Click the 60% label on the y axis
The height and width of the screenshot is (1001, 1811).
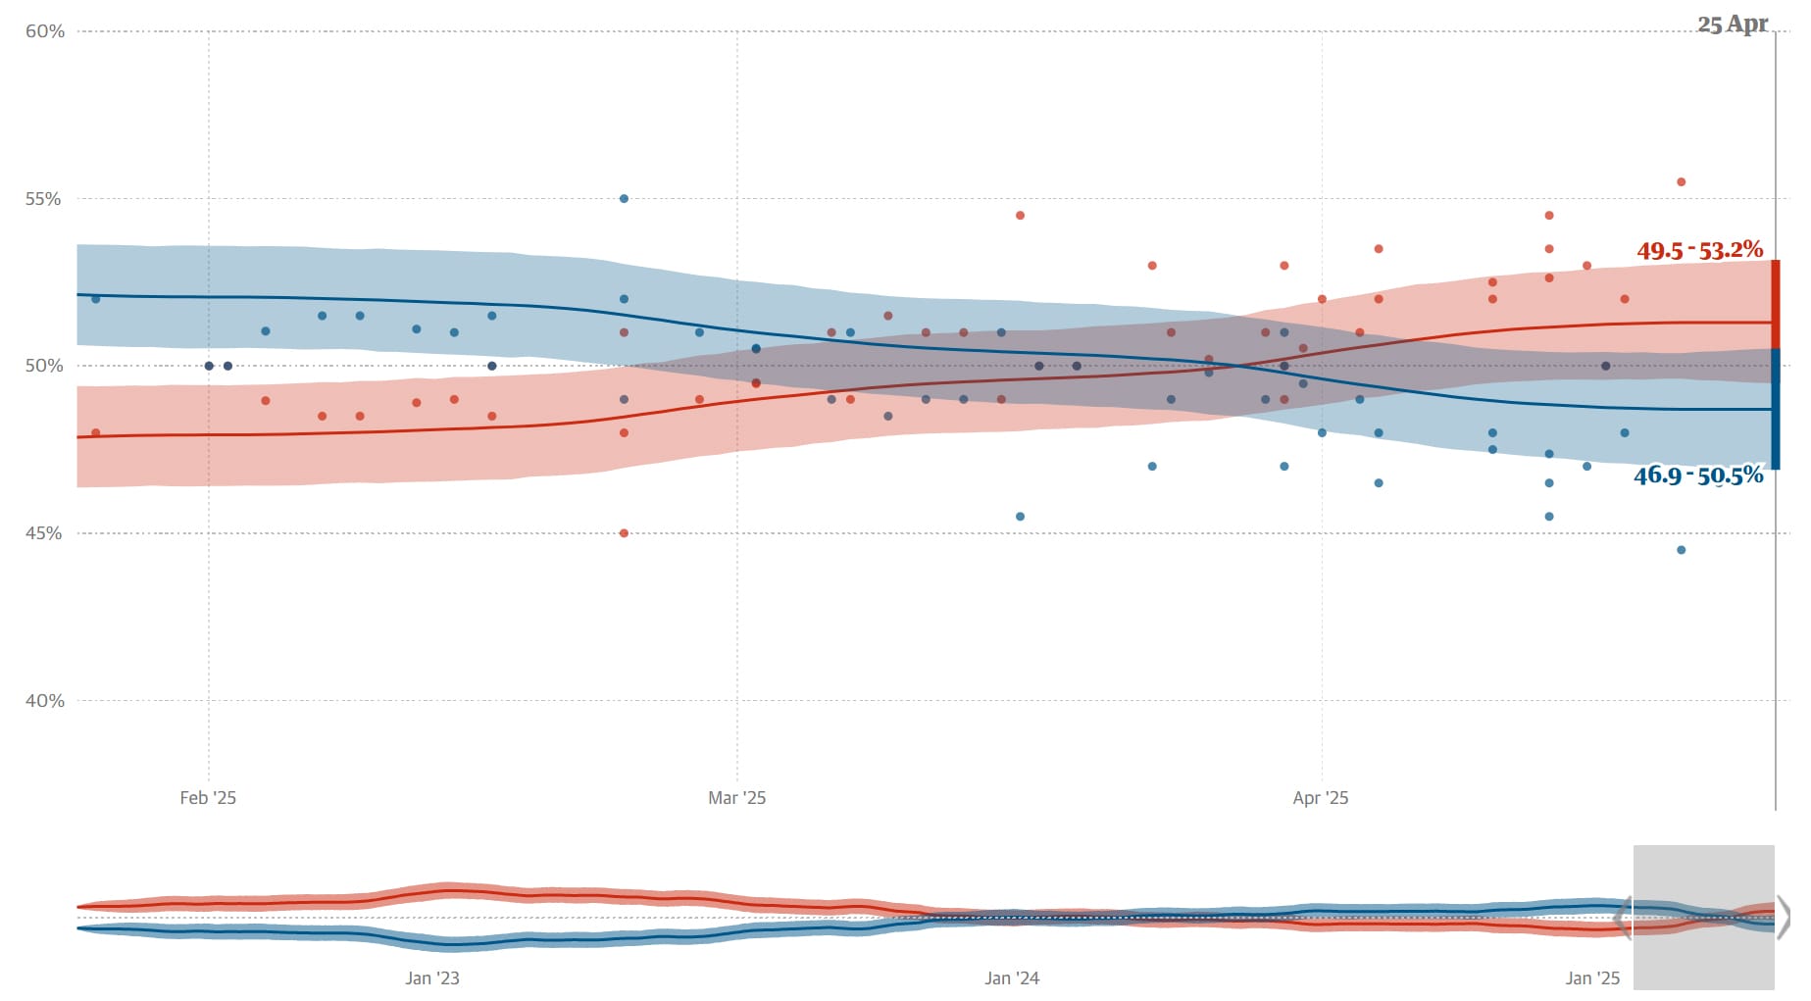click(x=44, y=31)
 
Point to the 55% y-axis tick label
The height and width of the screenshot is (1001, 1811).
click(x=44, y=199)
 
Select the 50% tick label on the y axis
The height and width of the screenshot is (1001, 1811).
click(x=44, y=366)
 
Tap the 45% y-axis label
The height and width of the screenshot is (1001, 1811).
click(x=44, y=533)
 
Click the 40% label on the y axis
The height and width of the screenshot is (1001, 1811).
click(x=44, y=701)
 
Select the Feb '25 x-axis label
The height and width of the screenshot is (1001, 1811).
click(x=208, y=798)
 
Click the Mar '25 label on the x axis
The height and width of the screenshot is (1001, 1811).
click(x=736, y=798)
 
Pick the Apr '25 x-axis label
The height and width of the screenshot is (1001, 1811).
click(x=1320, y=798)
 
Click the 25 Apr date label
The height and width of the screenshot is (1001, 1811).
click(x=1733, y=25)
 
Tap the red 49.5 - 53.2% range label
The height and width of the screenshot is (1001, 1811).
click(x=1699, y=251)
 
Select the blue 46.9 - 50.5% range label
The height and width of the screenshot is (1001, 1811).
click(x=1697, y=476)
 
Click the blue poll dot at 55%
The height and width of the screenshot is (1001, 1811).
click(x=624, y=199)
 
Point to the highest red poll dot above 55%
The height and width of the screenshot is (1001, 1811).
click(x=1681, y=182)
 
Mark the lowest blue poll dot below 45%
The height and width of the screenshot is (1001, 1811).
click(x=1681, y=550)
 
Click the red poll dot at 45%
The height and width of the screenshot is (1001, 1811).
click(x=624, y=533)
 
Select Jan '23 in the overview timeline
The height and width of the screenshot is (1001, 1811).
click(x=432, y=978)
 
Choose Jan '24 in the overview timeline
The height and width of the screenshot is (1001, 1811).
click(x=1012, y=978)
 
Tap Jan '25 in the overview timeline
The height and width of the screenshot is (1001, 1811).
click(x=1592, y=978)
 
